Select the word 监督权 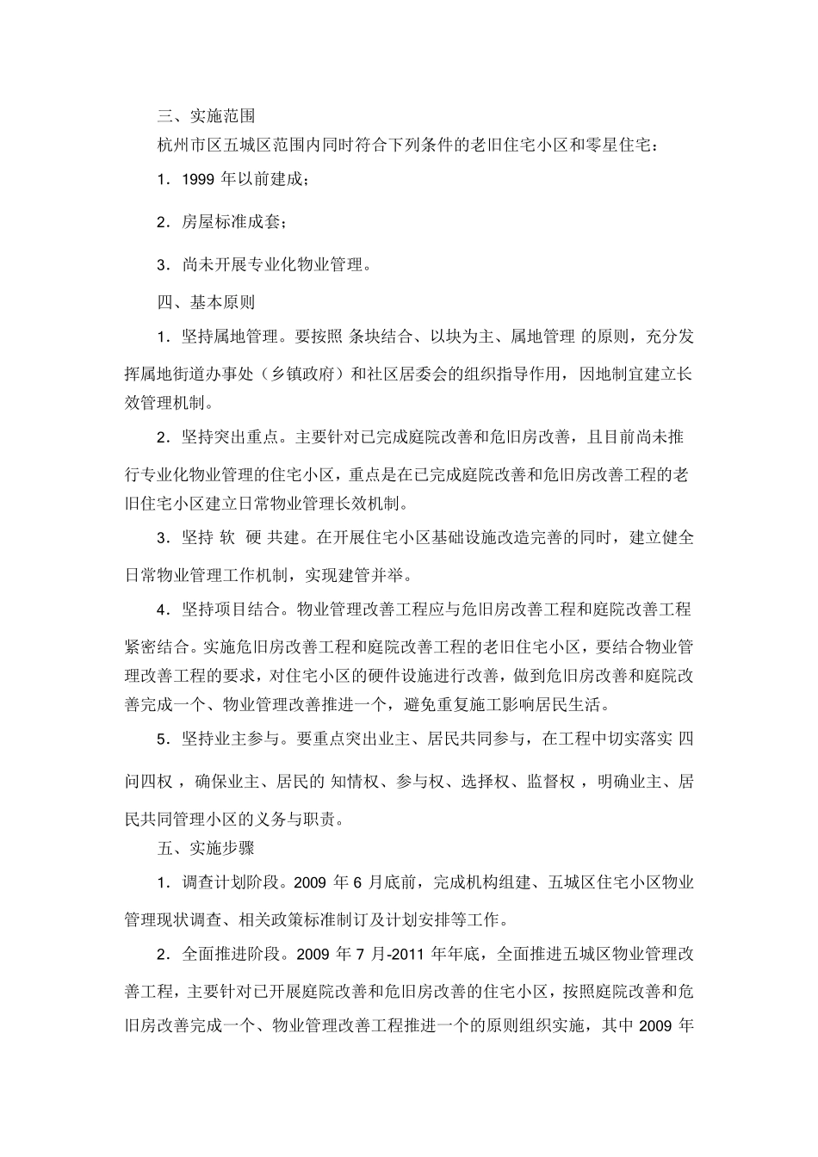coord(552,782)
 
